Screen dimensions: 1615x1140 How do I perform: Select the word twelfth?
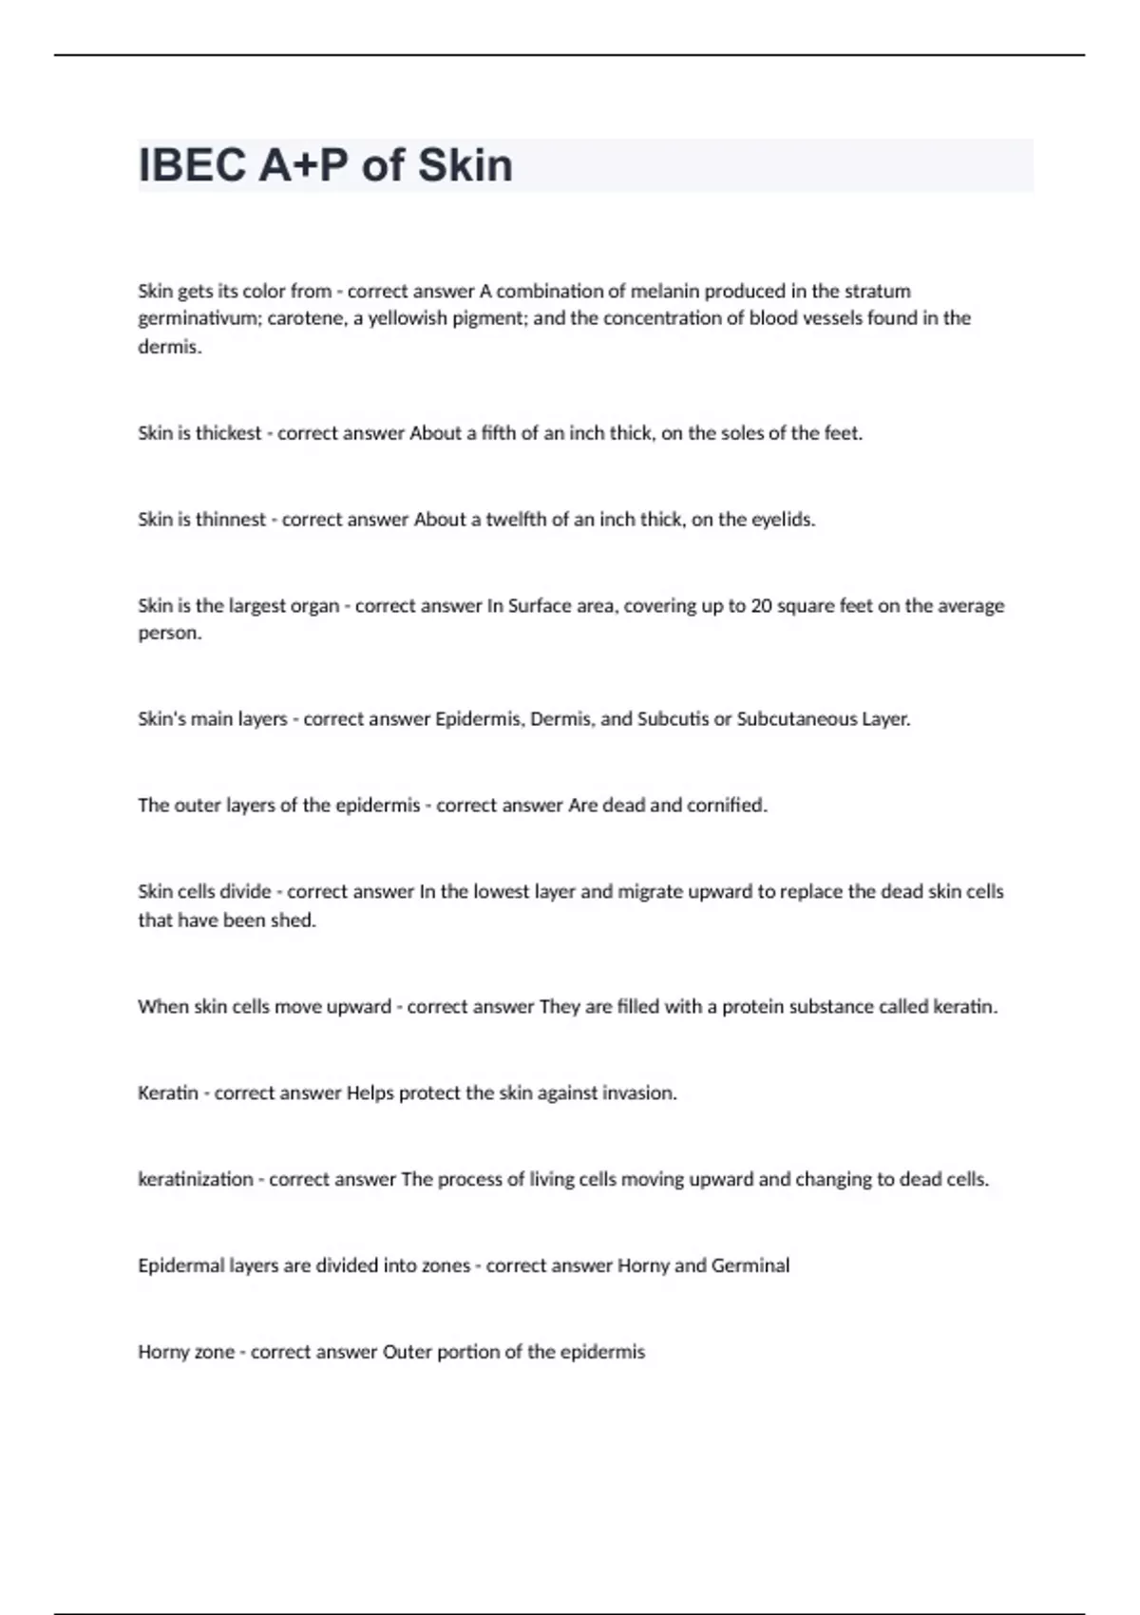coord(516,520)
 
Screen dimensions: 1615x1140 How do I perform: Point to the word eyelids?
coord(783,520)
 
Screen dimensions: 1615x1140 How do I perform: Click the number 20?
coord(761,606)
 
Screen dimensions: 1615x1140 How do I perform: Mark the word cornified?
coord(731,806)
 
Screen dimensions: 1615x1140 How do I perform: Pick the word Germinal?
coord(750,1266)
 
